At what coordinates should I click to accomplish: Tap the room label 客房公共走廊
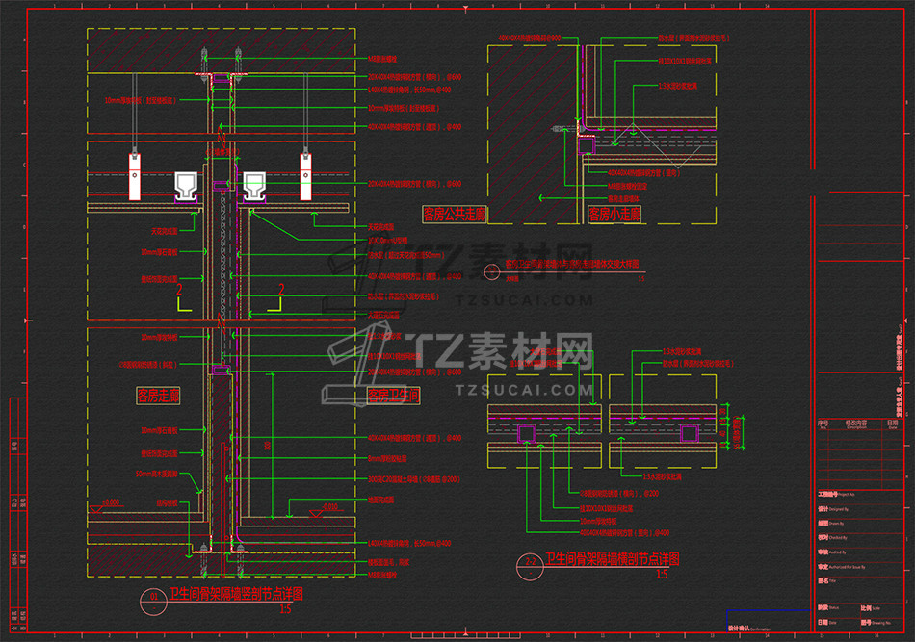455,213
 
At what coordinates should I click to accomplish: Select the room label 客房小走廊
614,213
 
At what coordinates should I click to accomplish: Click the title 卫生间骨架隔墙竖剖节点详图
235,594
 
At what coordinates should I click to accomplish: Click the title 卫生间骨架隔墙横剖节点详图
614,559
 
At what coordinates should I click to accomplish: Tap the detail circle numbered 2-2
530,562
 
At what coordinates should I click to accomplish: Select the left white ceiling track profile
185,186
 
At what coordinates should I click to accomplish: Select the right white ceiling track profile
254,186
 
